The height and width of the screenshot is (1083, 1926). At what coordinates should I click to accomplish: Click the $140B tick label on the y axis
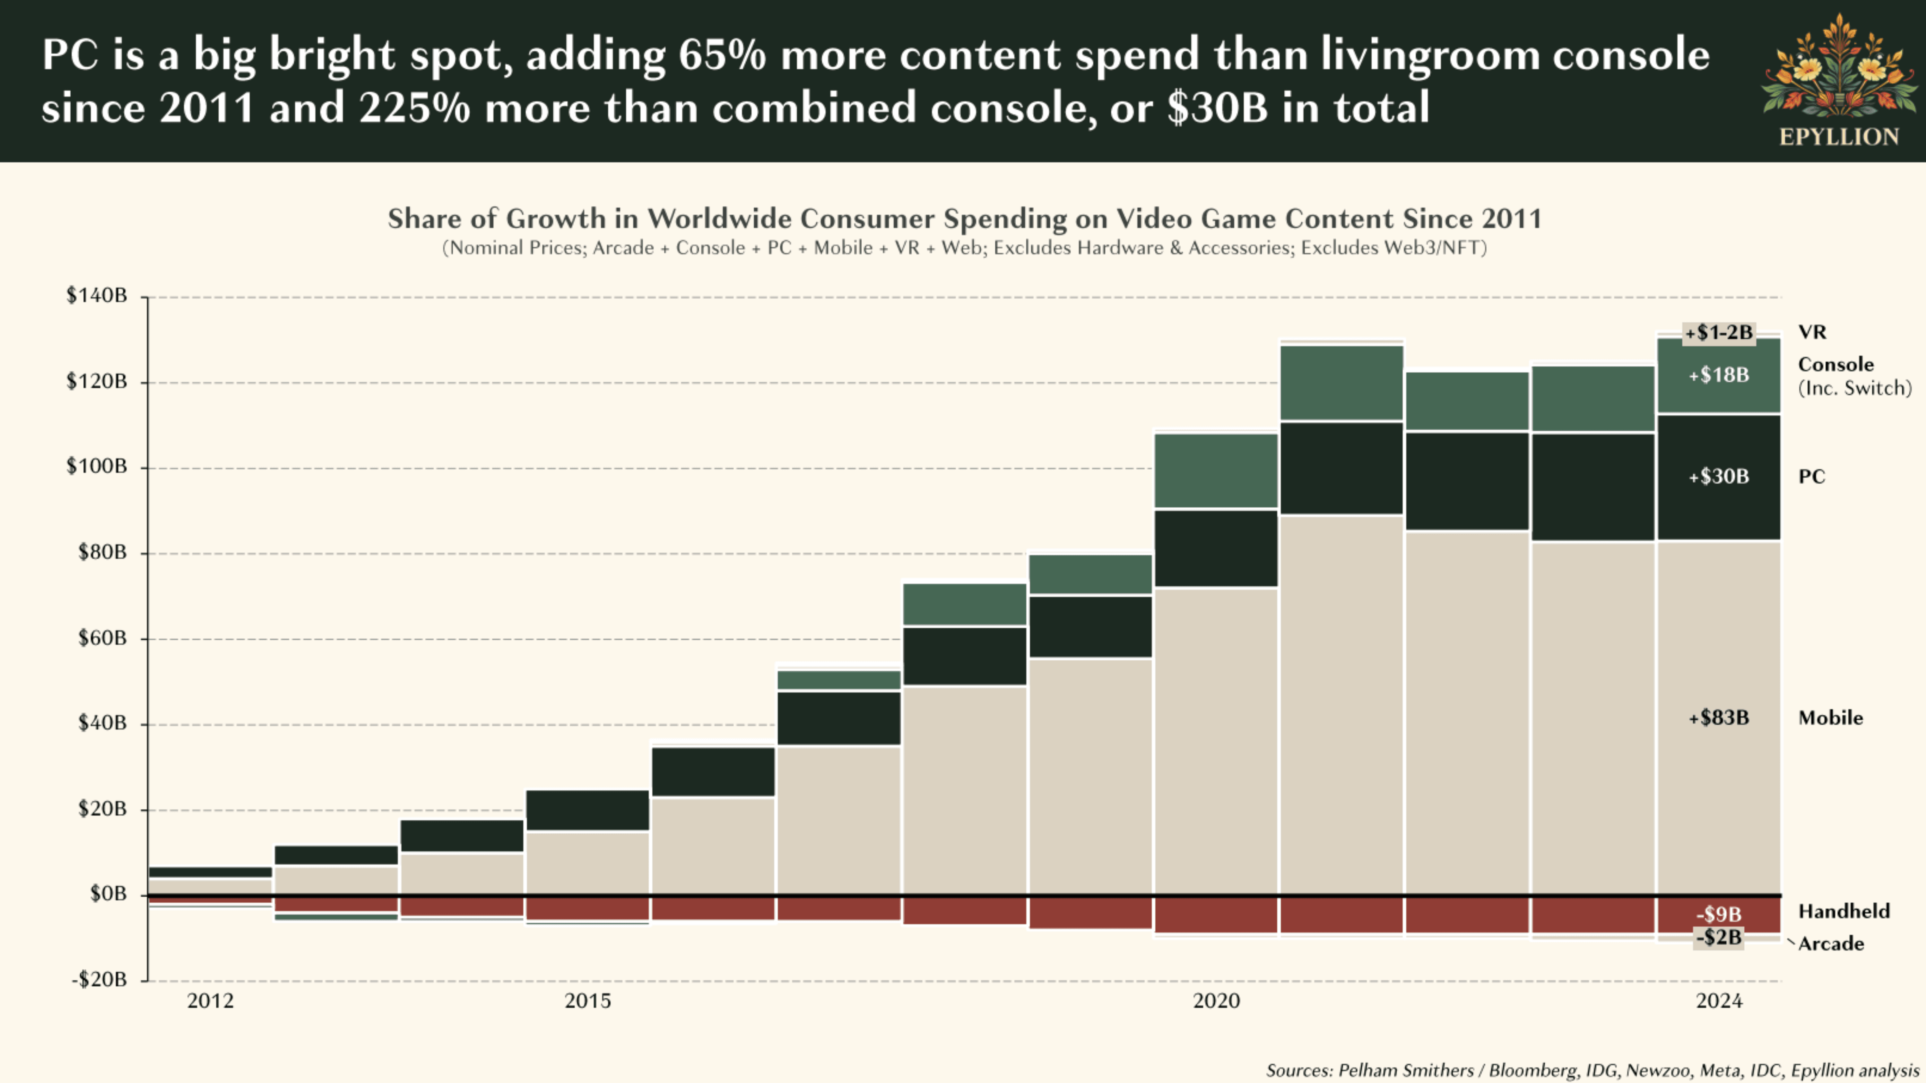(x=96, y=296)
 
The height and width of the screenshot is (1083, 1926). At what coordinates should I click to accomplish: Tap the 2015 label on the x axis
(x=588, y=1001)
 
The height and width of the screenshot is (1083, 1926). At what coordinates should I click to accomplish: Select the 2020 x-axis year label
(x=1217, y=1001)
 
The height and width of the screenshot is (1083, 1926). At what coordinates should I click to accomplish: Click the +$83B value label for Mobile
(x=1719, y=718)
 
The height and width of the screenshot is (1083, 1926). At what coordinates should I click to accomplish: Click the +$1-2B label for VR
(x=1719, y=332)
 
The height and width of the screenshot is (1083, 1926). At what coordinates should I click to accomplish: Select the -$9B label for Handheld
(x=1719, y=914)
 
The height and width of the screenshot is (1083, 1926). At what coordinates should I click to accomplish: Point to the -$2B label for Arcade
(x=1719, y=937)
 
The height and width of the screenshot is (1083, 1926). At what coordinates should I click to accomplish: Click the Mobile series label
(x=1830, y=718)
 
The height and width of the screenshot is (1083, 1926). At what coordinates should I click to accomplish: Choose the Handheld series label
(x=1844, y=911)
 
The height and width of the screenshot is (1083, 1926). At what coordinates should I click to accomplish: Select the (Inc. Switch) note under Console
(x=1854, y=388)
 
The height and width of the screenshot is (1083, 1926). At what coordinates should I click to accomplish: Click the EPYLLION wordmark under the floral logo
(x=1838, y=137)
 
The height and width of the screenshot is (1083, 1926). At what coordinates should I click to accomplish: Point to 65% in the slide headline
(x=722, y=55)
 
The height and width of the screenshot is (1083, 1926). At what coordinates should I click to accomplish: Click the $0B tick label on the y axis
(x=108, y=894)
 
